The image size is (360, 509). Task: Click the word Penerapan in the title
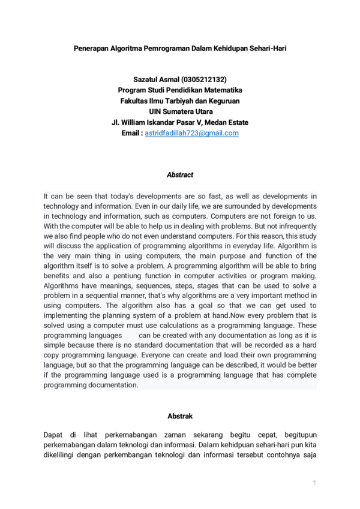click(x=90, y=47)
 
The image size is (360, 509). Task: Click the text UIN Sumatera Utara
click(x=180, y=112)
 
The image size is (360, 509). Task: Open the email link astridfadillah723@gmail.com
click(x=192, y=133)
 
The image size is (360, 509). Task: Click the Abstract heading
click(x=180, y=175)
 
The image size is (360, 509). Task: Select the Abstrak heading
click(x=180, y=415)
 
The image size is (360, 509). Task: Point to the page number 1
click(x=314, y=483)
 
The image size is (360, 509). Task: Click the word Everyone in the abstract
click(x=159, y=356)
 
